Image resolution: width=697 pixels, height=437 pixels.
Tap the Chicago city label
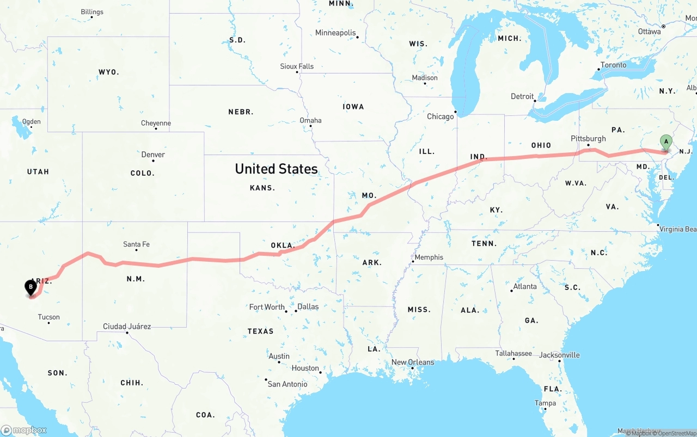[x=440, y=116]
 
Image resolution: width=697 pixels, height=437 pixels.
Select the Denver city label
[x=153, y=155]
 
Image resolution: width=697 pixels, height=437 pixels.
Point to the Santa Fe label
[x=136, y=244]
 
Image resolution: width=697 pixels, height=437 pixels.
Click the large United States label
[x=276, y=169]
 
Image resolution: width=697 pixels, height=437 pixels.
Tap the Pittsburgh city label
[x=588, y=139]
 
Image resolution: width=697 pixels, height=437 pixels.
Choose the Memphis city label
[x=429, y=257]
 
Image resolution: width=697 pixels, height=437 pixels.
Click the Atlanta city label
[x=525, y=287]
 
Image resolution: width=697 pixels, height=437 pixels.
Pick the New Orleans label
[x=413, y=362]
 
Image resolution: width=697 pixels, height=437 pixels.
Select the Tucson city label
[x=48, y=317]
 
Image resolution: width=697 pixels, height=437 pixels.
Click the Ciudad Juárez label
[x=127, y=327]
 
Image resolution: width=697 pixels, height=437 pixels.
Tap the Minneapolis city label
[x=335, y=33]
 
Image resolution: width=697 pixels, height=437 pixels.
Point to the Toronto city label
[x=613, y=65]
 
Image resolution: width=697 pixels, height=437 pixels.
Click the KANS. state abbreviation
[x=262, y=188]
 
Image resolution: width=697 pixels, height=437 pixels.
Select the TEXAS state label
[x=260, y=331]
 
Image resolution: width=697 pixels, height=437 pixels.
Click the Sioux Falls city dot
[x=297, y=72]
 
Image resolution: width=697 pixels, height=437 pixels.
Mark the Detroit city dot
[x=535, y=101]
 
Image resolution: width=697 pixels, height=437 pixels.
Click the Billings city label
[x=91, y=12]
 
